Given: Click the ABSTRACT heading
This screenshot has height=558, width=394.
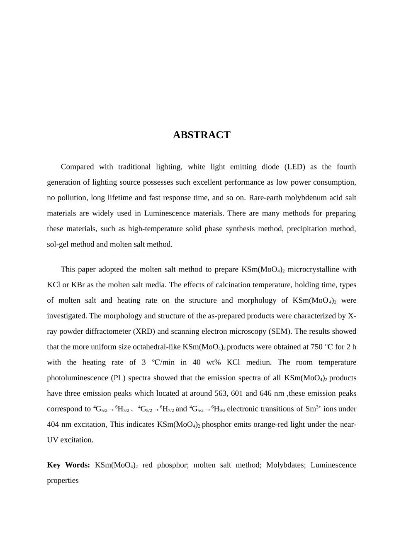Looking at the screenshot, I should (x=202, y=135).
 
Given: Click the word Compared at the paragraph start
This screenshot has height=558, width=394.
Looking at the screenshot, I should (x=77, y=167).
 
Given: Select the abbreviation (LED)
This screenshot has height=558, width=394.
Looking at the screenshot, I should (x=295, y=167).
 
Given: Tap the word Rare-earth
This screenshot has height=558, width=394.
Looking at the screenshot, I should (x=266, y=198).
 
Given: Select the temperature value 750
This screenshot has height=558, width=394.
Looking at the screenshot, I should (x=316, y=347).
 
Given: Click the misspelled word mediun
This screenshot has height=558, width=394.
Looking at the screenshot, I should (x=259, y=362).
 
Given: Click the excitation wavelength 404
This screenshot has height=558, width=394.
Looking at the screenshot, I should (x=53, y=425).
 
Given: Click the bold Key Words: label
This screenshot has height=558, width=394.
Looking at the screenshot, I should (x=68, y=465).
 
